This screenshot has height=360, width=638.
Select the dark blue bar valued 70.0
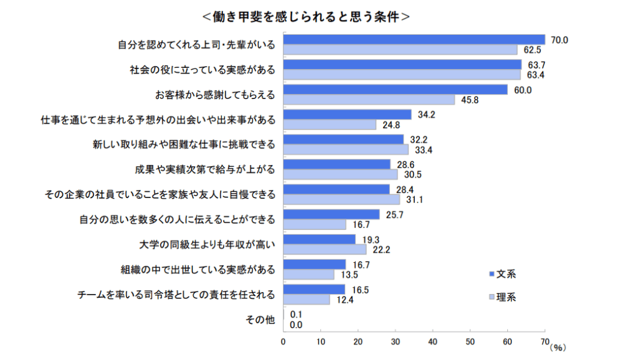pyautogui.click(x=414, y=40)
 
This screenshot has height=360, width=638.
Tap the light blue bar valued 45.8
pyautogui.click(x=369, y=100)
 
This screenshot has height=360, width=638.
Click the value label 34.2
pyautogui.click(x=426, y=115)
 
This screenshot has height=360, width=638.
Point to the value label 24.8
pyautogui.click(x=391, y=125)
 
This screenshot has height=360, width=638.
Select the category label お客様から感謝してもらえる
pyautogui.click(x=215, y=95)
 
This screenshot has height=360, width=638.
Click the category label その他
pyautogui.click(x=260, y=320)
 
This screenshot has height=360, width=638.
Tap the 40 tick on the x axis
pyautogui.click(x=433, y=342)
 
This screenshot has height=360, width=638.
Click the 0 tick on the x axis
pyautogui.click(x=283, y=342)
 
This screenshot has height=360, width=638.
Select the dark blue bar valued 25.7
pyautogui.click(x=331, y=214)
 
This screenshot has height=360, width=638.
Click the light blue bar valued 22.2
pyautogui.click(x=325, y=249)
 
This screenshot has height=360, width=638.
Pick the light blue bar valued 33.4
pyautogui.click(x=346, y=149)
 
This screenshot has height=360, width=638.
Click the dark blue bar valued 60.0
pyautogui.click(x=396, y=90)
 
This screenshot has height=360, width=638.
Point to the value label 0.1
pyautogui.click(x=297, y=315)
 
